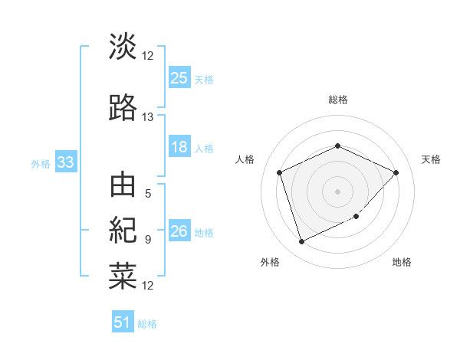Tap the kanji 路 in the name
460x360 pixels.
123,108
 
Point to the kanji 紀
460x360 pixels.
123,230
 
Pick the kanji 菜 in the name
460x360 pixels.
123,276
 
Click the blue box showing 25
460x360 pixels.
179,78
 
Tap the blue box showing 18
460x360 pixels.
179,148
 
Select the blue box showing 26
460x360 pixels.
179,232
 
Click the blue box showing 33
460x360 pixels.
65,163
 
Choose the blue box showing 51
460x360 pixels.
123,322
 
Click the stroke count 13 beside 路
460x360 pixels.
147,117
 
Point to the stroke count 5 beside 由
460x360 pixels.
147,194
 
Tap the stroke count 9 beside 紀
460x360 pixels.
147,240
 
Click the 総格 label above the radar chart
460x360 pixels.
337,100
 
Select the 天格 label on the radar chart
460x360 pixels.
431,159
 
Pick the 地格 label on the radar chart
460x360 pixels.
402,262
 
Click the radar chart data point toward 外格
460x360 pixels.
301,242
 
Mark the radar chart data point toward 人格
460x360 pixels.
280,172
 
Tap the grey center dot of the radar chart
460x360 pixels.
337,191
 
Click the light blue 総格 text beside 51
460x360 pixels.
147,324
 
